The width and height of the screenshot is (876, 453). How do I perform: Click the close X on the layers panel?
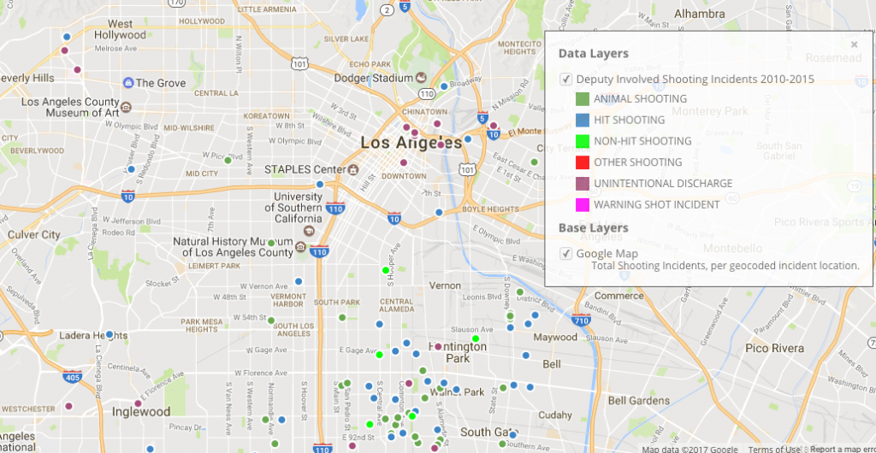[x=854, y=44]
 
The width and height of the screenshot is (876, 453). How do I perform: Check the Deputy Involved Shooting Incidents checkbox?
[x=565, y=79]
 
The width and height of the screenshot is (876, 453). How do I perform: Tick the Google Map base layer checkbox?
[x=565, y=253]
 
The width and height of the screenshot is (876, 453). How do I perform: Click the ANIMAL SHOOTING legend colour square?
[x=583, y=99]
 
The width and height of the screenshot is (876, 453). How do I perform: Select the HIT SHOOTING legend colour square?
[x=583, y=121]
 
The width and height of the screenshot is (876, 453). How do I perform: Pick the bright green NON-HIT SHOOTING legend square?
[x=583, y=141]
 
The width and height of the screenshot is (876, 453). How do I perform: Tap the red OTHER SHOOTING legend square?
[x=583, y=162]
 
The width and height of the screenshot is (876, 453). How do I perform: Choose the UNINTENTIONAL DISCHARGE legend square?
[x=583, y=184]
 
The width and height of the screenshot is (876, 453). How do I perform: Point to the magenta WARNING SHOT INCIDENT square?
[x=583, y=204]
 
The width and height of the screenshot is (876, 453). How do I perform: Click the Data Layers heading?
[x=594, y=54]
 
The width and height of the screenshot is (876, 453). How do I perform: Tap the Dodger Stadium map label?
[x=373, y=78]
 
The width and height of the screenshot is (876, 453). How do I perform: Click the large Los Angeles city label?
[x=411, y=143]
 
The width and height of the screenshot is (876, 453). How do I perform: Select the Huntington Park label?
[x=458, y=352]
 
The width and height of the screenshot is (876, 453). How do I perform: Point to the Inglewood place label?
[x=141, y=412]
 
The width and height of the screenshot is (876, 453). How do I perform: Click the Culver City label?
[x=34, y=234]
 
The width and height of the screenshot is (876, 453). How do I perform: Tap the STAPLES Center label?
[x=305, y=169]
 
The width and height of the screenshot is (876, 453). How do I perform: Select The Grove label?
[x=160, y=83]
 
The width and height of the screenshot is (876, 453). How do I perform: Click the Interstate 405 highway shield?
[x=72, y=377]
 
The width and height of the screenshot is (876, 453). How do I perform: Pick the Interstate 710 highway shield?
[x=582, y=321]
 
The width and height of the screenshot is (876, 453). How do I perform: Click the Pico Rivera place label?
[x=774, y=349]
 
